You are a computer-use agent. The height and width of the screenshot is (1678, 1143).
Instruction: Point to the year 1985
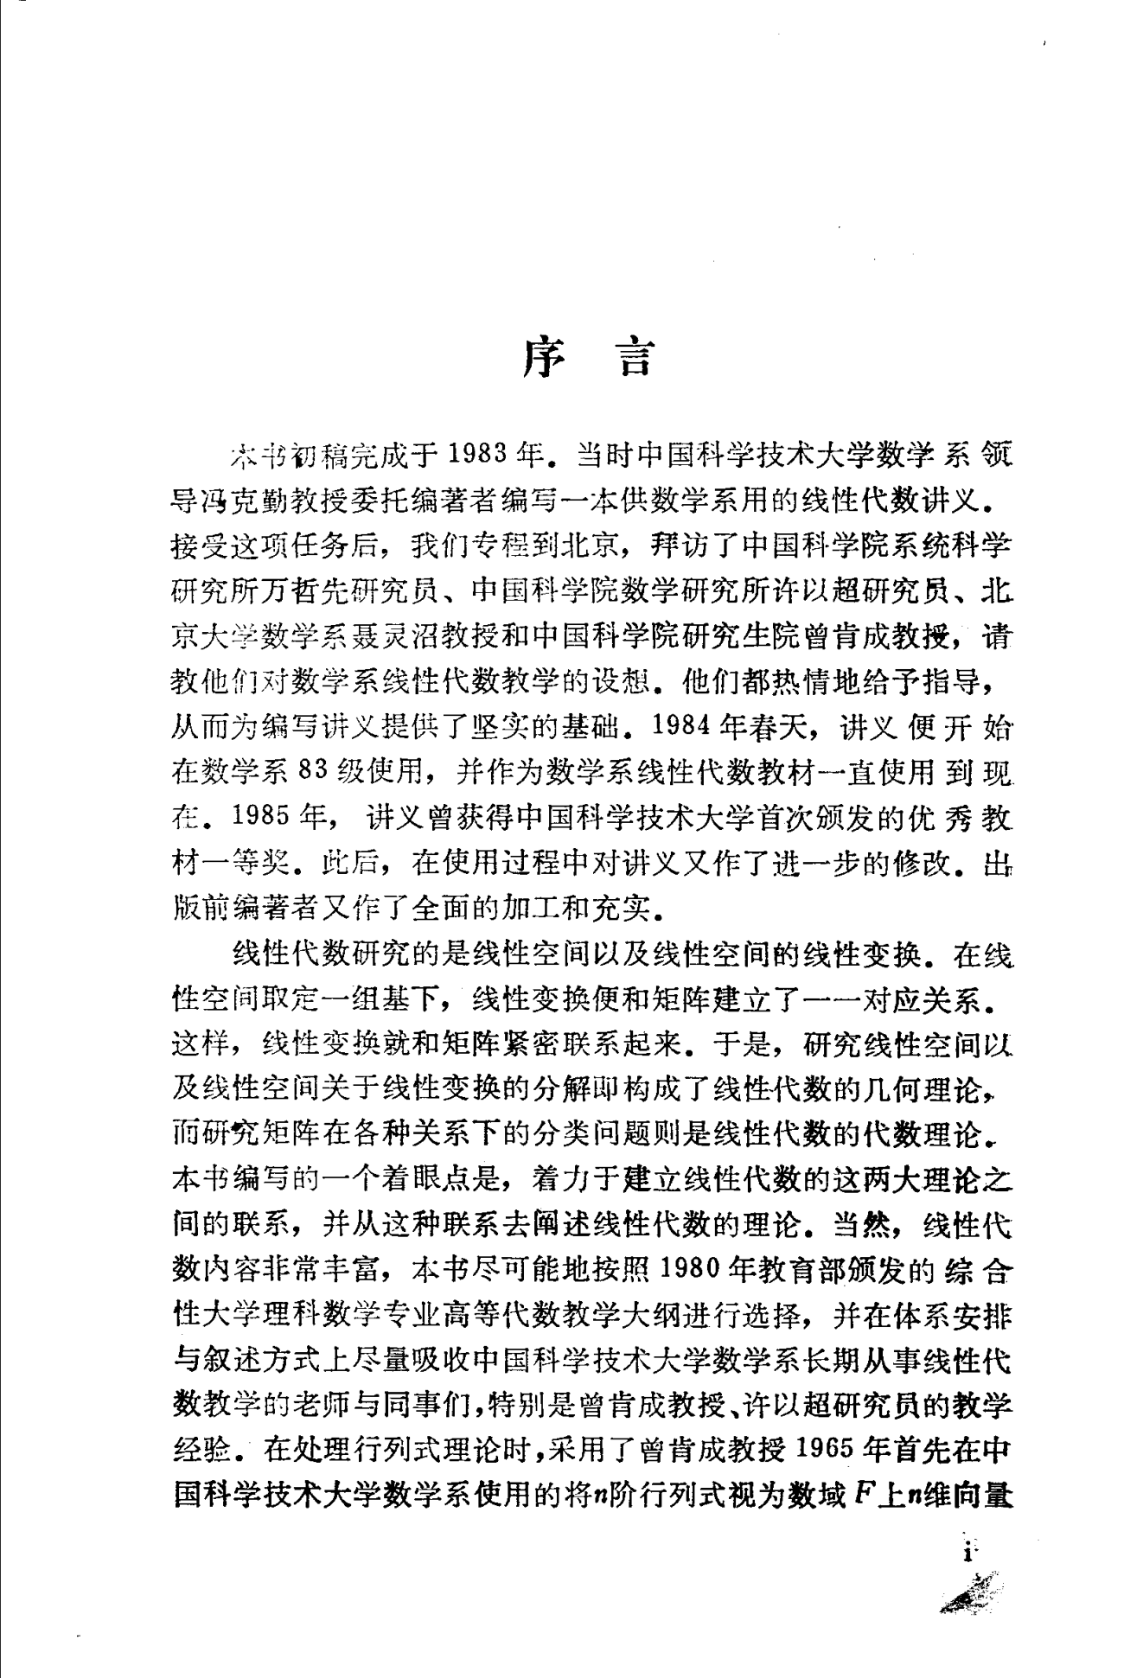(x=262, y=818)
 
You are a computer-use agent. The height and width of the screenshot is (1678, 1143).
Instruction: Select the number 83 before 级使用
(x=310, y=771)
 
